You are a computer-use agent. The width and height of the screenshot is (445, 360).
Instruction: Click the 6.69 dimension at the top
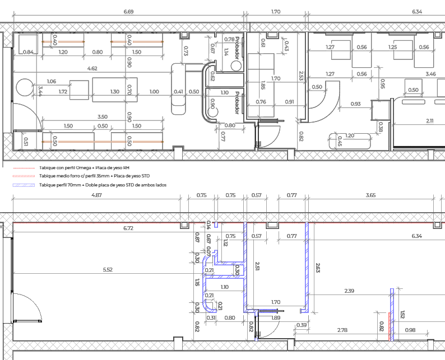[128, 12]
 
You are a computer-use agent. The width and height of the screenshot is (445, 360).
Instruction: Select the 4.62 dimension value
[92, 68]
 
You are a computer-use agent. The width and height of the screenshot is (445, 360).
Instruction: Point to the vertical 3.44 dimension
[40, 91]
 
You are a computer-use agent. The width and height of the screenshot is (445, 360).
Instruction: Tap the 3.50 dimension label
[103, 116]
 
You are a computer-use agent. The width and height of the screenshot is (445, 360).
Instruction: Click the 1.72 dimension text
[63, 92]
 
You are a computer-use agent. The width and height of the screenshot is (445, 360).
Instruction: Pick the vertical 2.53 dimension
[302, 76]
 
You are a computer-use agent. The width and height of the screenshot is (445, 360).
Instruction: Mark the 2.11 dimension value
[430, 120]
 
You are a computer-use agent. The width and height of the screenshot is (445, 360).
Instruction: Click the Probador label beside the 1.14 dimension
[237, 48]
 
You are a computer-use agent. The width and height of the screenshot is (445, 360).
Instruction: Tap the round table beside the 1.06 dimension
[25, 87]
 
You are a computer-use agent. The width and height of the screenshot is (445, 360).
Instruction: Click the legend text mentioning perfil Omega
[84, 168]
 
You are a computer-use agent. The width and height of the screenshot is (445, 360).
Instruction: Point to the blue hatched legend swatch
[24, 185]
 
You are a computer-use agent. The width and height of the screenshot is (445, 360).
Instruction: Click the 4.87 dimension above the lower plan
[96, 195]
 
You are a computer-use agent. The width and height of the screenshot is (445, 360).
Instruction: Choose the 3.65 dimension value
[370, 195]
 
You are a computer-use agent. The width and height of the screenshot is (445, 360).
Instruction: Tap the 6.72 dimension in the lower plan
[128, 228]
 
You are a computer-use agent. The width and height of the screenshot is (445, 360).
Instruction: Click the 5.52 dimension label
[108, 269]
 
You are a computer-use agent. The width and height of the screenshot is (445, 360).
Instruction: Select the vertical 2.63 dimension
[318, 268]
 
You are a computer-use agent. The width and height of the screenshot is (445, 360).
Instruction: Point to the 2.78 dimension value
[342, 330]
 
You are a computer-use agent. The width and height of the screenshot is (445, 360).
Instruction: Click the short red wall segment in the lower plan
[390, 326]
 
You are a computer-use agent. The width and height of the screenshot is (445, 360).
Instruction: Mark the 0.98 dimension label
[410, 330]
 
